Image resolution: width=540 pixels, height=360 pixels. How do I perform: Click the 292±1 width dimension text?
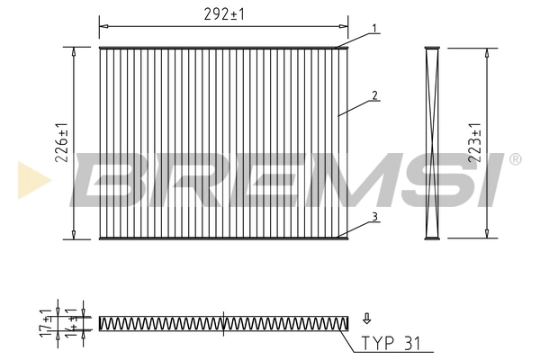[224, 14]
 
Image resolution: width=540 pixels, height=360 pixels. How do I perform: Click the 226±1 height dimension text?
[62, 142]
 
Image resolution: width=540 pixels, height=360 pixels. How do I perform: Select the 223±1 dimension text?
[474, 142]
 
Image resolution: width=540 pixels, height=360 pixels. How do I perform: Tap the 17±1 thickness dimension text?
[46, 323]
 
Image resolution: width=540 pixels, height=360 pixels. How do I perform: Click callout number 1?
[374, 28]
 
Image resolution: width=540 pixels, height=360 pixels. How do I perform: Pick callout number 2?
[374, 95]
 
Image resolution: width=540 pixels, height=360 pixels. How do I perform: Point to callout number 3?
[374, 217]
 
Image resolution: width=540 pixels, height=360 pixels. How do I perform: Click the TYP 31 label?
[391, 343]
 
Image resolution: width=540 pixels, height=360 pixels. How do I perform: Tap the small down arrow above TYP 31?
[367, 319]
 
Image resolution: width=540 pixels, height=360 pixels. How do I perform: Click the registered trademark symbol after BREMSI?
[515, 159]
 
